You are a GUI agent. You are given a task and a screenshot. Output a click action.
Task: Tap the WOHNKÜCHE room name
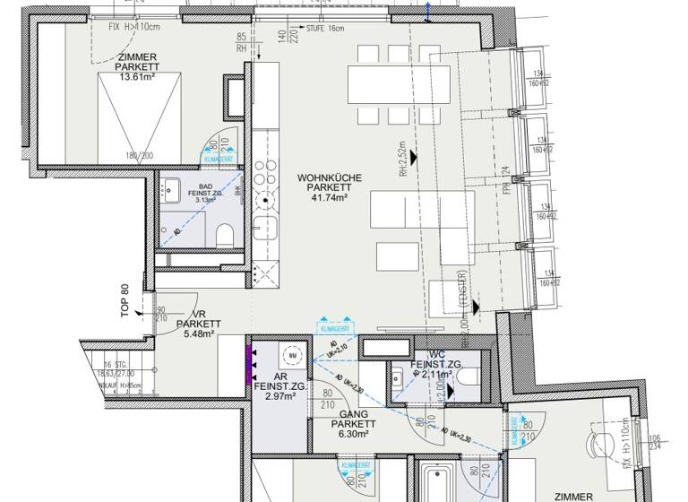pos(330,178)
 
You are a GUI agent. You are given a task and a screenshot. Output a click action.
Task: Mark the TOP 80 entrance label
pos(126,299)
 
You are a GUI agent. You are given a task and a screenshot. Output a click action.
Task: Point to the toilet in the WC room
pos(463,387)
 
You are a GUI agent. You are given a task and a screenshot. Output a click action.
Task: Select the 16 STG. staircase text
pos(114,363)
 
